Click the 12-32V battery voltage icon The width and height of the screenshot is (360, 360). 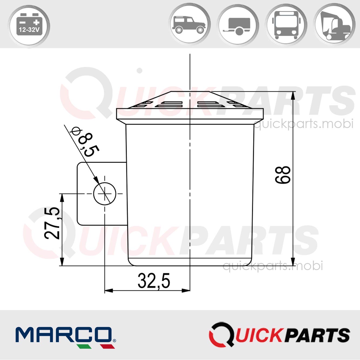(29, 26)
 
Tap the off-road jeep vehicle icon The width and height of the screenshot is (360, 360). (189, 25)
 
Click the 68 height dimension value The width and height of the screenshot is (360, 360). (283, 175)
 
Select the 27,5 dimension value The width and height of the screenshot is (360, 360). (52, 223)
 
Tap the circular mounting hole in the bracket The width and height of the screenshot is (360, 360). (105, 194)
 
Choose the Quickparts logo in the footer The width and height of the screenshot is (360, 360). (279, 335)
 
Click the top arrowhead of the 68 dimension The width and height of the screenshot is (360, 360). (293, 96)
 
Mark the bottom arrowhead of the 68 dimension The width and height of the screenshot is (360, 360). (293, 261)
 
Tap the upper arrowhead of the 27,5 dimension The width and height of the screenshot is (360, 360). (62, 198)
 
